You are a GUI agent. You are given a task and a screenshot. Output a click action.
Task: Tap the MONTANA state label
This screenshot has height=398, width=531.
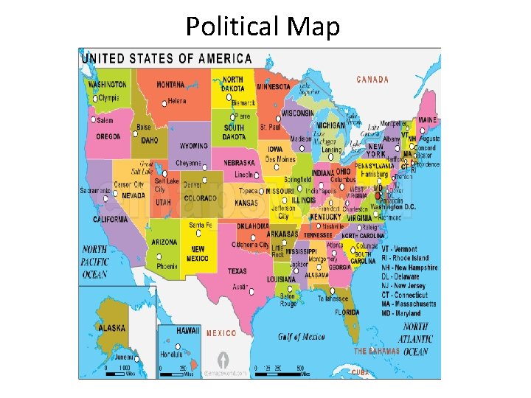pyautogui.click(x=170, y=85)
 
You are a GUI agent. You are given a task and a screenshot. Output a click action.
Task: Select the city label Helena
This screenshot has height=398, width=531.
pyautogui.click(x=177, y=102)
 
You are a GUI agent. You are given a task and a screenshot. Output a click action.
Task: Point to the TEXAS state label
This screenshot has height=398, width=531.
pyautogui.click(x=237, y=271)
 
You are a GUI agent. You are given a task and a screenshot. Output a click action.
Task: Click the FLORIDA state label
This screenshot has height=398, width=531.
pyautogui.click(x=347, y=312)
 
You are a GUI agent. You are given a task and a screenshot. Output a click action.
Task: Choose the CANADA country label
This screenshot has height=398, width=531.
pyautogui.click(x=372, y=80)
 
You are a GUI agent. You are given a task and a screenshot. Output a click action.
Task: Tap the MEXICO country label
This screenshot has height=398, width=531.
pyautogui.click(x=221, y=333)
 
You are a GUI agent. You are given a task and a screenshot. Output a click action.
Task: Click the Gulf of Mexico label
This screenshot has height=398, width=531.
pyautogui.click(x=302, y=337)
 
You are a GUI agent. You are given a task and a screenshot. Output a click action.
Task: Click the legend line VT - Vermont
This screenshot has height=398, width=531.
pyautogui.click(x=399, y=250)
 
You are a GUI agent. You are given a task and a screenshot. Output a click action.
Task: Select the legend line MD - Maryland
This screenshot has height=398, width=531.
pyautogui.click(x=400, y=313)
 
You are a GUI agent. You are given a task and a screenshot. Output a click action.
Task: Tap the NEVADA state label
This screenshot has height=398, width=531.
pyautogui.click(x=133, y=196)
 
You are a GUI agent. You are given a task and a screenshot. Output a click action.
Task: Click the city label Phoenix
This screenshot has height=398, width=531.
pyautogui.click(x=167, y=266)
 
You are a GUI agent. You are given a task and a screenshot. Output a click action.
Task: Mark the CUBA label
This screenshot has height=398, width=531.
pyautogui.click(x=359, y=372)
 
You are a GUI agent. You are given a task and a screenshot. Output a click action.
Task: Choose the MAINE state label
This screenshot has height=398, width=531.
pyautogui.click(x=428, y=120)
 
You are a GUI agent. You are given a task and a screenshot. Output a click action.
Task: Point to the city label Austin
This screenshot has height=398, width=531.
pyautogui.click(x=240, y=286)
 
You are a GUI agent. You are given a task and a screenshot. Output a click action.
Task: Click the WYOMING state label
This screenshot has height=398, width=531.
pyautogui.click(x=193, y=146)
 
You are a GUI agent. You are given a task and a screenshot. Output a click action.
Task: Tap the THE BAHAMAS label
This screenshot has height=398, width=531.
pyautogui.click(x=377, y=352)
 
